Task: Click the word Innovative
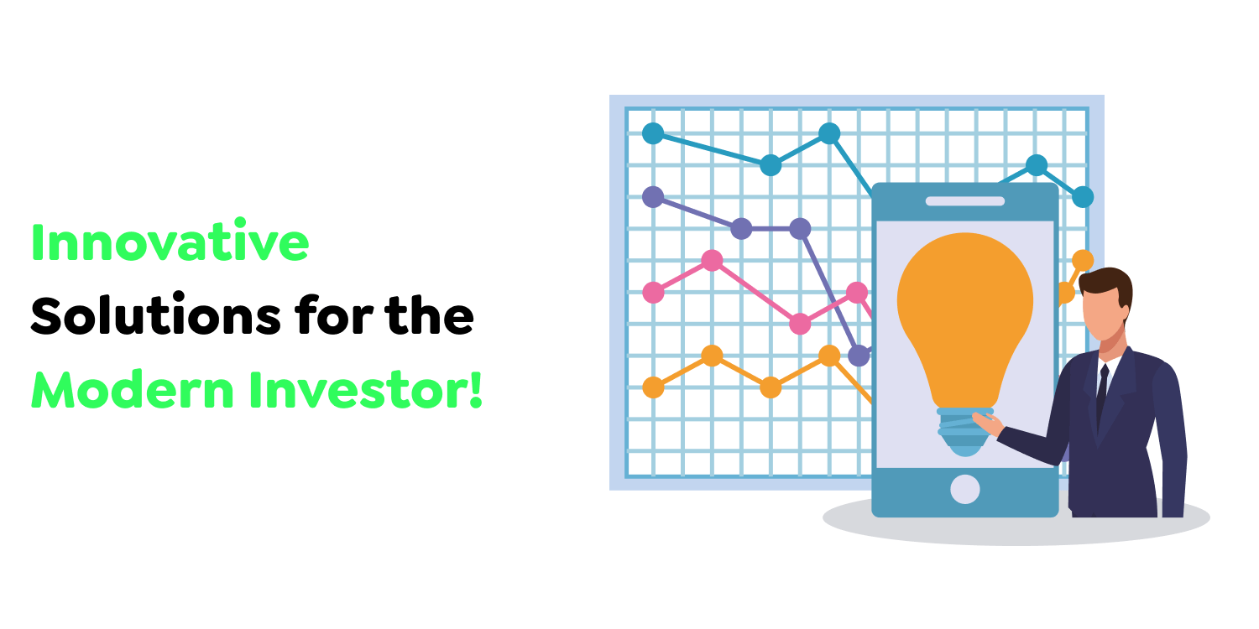[170, 241]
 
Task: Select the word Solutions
[155, 314]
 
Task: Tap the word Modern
[133, 389]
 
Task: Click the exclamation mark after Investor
[476, 388]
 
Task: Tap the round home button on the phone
[965, 489]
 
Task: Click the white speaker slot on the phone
[965, 201]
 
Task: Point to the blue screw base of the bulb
[964, 432]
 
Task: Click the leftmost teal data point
[653, 133]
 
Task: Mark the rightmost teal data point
[1083, 197]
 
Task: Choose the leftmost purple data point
[653, 197]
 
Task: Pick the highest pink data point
[712, 261]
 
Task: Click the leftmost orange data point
[653, 387]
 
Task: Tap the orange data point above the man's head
[1083, 261]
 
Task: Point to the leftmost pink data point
[653, 293]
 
